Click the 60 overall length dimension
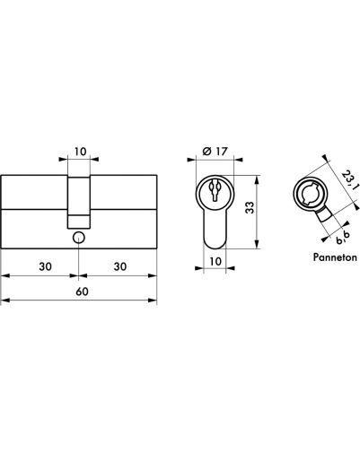click(82, 292)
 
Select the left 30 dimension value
click(45, 266)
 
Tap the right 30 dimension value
click(120, 266)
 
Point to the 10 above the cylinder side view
click(80, 152)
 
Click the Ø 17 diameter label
click(215, 152)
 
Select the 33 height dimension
click(250, 208)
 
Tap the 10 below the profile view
click(215, 261)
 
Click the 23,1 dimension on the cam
click(350, 180)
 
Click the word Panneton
click(335, 257)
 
